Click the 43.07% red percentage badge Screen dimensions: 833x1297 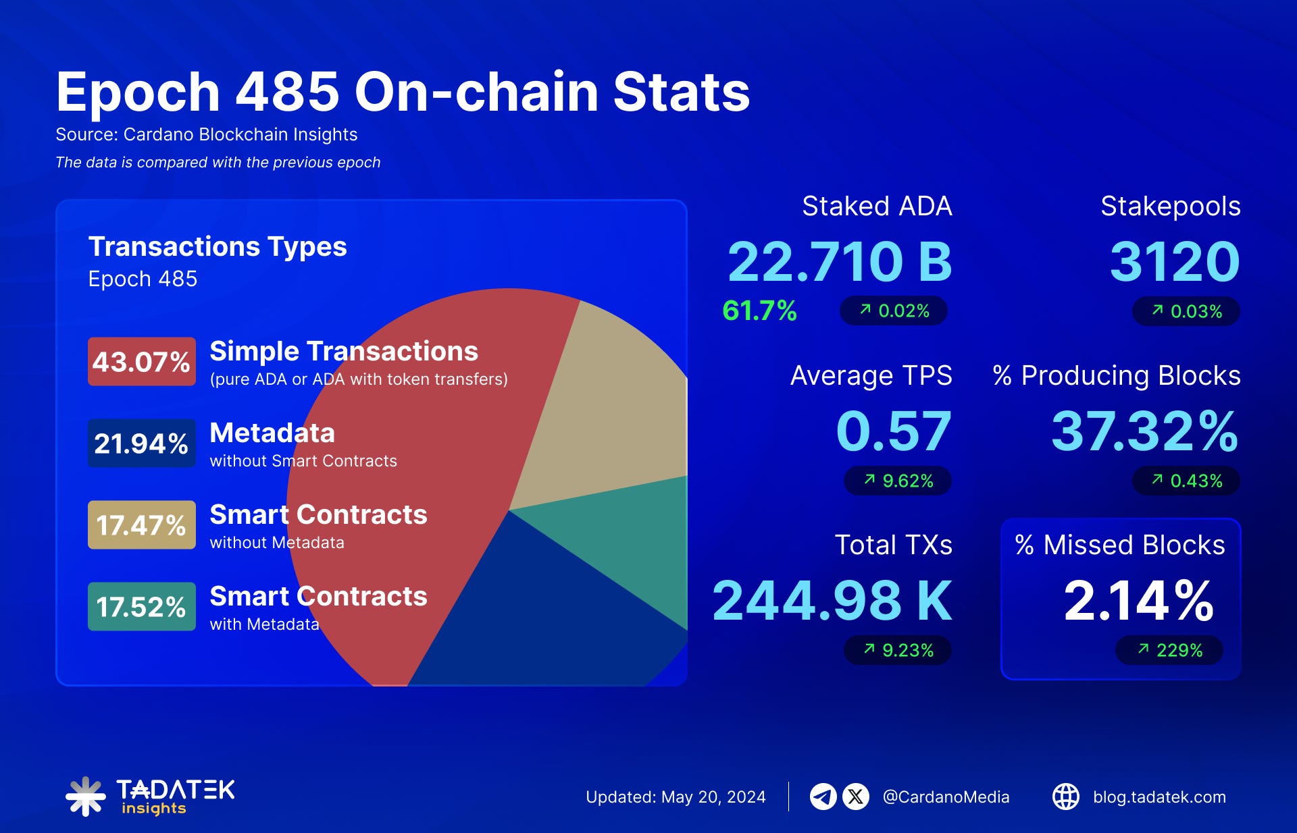pyautogui.click(x=141, y=362)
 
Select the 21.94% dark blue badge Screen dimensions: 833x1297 pyautogui.click(x=141, y=444)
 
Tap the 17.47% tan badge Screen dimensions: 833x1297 pyautogui.click(x=141, y=525)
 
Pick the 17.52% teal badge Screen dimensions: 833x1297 pyautogui.click(x=141, y=607)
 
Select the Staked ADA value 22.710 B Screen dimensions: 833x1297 pyautogui.click(x=840, y=262)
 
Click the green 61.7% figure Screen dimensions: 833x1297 pyautogui.click(x=759, y=311)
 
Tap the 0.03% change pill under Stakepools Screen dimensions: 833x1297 pyautogui.click(x=1186, y=312)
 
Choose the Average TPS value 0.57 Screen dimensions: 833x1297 pyautogui.click(x=893, y=431)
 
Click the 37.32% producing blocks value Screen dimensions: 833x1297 pyautogui.click(x=1144, y=431)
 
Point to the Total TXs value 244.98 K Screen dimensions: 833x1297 pyautogui.click(x=832, y=601)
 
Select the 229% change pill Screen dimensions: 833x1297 pyautogui.click(x=1169, y=651)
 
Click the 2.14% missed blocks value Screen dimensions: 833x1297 pyautogui.click(x=1138, y=601)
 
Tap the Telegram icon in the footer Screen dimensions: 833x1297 pyautogui.click(x=823, y=797)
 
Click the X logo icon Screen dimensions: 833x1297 pyautogui.click(x=856, y=797)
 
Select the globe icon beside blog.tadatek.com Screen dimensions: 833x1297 pyautogui.click(x=1066, y=797)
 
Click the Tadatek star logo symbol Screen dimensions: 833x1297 pyautogui.click(x=85, y=797)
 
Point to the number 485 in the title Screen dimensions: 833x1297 pyautogui.click(x=286, y=92)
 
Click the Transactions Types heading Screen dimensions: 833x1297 pyautogui.click(x=218, y=247)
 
